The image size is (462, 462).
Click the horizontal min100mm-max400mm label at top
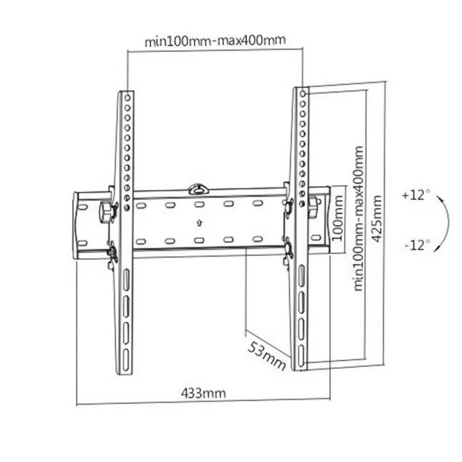coord(215,40)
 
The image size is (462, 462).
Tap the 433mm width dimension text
coord(203,393)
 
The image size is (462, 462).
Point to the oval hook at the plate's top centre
coord(197,189)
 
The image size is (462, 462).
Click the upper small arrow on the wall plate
coord(198,205)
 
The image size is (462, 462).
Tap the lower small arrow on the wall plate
coord(198,225)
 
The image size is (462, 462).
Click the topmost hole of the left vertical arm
coord(126,97)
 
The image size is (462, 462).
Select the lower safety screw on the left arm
coord(112,253)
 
